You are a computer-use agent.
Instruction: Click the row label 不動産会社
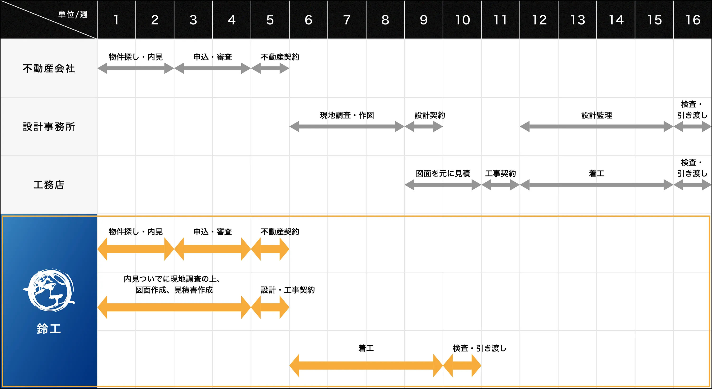pos(49,68)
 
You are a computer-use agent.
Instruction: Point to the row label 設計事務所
pos(49,127)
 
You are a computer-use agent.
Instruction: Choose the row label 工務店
pos(49,185)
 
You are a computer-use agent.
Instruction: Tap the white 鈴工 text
pos(49,329)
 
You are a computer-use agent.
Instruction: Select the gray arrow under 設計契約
pos(423,126)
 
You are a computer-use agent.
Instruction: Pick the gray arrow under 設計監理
pos(596,126)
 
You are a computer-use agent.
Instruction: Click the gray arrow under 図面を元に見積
pos(443,185)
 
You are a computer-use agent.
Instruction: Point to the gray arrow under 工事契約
pos(500,185)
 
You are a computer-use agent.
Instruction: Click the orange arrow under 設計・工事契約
pos(270,307)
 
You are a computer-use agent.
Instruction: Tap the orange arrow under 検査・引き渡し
pos(462,365)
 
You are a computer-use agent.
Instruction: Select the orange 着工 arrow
pos(366,365)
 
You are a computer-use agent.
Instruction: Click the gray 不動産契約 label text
pos(280,57)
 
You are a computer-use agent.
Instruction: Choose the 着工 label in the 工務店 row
pos(596,173)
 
